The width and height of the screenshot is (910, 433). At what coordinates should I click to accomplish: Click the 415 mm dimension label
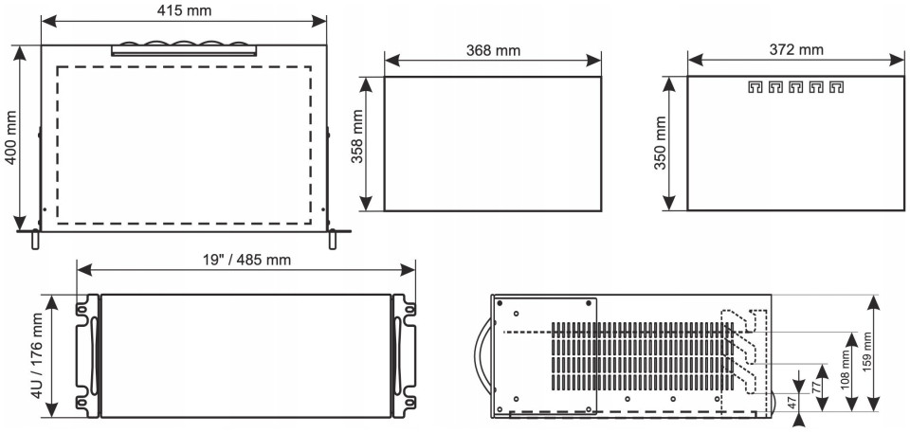pyautogui.click(x=184, y=9)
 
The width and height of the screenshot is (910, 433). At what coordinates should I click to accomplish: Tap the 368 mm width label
pyautogui.click(x=493, y=50)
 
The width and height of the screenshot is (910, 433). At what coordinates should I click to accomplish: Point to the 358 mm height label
pyautogui.click(x=357, y=143)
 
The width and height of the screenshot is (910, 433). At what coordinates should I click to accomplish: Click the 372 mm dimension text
pyautogui.click(x=796, y=50)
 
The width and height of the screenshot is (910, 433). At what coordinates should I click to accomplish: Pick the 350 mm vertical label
pyautogui.click(x=661, y=143)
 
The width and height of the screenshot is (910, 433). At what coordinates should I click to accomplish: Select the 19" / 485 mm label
pyautogui.click(x=246, y=260)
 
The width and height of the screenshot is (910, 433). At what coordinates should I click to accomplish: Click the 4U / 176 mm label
pyautogui.click(x=37, y=355)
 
